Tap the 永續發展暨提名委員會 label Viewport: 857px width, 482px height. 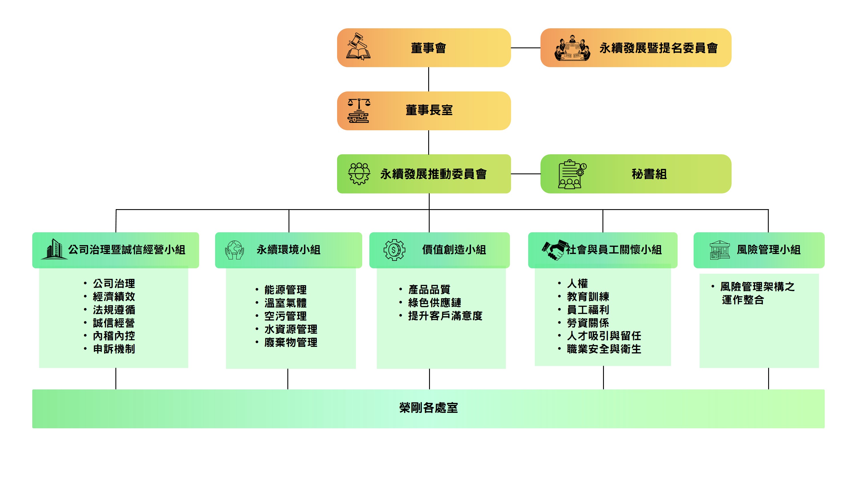pos(658,48)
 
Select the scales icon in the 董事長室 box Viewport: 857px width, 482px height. pos(359,111)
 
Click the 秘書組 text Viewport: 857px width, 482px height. pos(649,174)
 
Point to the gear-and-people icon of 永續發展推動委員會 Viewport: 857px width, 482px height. pos(359,174)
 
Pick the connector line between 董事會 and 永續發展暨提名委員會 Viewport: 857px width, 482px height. pos(525,48)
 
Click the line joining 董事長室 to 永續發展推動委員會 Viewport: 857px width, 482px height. pos(428,142)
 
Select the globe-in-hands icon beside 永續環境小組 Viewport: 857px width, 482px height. pos(234,250)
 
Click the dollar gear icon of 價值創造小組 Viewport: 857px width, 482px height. pos(394,249)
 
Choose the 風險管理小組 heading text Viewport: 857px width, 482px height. pos(768,249)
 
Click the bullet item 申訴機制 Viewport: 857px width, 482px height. pos(114,349)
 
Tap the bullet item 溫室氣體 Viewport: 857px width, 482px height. pos(285,303)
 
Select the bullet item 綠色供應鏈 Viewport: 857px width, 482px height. pos(434,302)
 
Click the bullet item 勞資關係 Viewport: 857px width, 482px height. pos(588,323)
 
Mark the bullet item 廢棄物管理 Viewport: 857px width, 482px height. pos(291,342)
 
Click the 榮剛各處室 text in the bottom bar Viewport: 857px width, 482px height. pos(428,408)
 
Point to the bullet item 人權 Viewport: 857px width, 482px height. pos(577,283)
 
